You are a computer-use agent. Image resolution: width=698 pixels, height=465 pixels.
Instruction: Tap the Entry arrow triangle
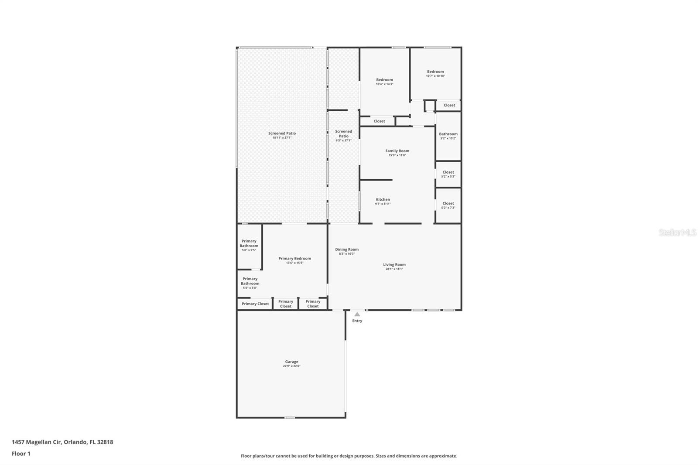tap(357, 314)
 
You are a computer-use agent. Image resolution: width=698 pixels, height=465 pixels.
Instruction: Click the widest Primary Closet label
tap(255, 304)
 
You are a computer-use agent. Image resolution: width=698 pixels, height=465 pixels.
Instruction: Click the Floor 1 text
tap(21, 454)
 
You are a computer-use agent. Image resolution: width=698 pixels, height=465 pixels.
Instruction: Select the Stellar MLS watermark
tap(677, 232)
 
